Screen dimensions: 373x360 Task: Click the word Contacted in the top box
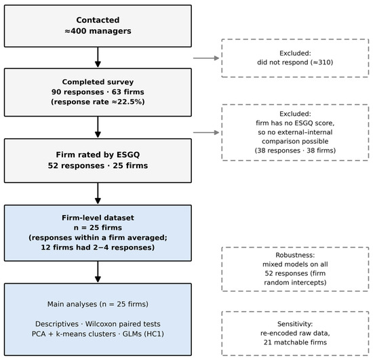click(98, 20)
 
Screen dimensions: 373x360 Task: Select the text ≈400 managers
click(98, 31)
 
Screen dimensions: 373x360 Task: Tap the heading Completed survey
click(98, 82)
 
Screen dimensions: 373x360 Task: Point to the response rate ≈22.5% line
click(98, 102)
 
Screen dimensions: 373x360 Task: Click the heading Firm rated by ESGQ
click(98, 155)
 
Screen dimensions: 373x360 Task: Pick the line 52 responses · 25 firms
click(98, 165)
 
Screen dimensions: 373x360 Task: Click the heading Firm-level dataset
click(98, 218)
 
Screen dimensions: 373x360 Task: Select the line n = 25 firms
click(98, 228)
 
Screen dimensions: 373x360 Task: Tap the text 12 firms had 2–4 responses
click(98, 247)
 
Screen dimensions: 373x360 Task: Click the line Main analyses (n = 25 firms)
click(98, 304)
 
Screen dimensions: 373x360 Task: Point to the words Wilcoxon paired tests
click(123, 324)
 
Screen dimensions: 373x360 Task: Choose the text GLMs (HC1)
click(143, 334)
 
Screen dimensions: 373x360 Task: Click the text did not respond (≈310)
click(295, 62)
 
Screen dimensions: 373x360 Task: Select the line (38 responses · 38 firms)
click(295, 151)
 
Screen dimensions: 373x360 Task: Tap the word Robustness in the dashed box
click(295, 255)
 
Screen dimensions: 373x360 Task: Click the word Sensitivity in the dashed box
click(295, 324)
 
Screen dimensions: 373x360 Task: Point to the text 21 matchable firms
click(295, 342)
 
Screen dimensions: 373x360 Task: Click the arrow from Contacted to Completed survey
click(98, 57)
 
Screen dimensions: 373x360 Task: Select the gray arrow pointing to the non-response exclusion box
click(206, 58)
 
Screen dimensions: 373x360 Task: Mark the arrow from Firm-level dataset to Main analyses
click(98, 272)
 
